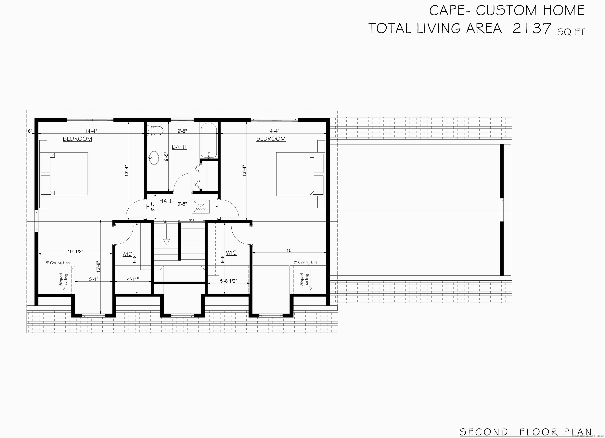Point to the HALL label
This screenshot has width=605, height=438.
tap(166, 201)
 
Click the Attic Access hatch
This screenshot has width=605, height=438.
tap(201, 207)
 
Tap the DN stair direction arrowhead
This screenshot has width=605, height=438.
tap(166, 242)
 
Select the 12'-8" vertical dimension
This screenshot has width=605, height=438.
tap(98, 267)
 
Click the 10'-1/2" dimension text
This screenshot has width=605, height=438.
tap(75, 251)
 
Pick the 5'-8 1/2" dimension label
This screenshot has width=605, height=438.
tap(229, 281)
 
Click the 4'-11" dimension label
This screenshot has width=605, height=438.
tap(133, 279)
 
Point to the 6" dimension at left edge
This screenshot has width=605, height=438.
tap(30, 131)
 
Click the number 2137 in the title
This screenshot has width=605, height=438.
tap(532, 29)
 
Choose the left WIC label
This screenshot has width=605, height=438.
tap(127, 254)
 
